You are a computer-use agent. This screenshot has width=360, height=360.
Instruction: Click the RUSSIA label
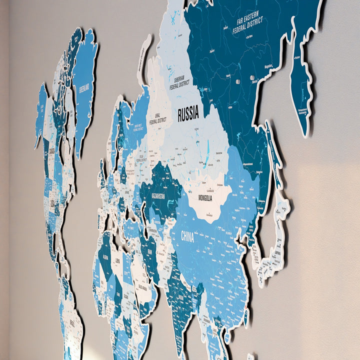[x=188, y=113]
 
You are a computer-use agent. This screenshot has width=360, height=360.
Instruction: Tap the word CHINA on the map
[x=187, y=236]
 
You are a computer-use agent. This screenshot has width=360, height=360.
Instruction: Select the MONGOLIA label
[x=205, y=198]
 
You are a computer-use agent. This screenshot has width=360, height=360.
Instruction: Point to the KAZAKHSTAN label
[x=158, y=196]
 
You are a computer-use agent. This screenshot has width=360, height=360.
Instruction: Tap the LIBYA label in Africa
[x=117, y=261]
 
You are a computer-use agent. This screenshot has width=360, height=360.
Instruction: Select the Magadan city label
[x=268, y=65]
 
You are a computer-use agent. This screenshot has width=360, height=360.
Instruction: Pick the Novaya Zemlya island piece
[x=144, y=55]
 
